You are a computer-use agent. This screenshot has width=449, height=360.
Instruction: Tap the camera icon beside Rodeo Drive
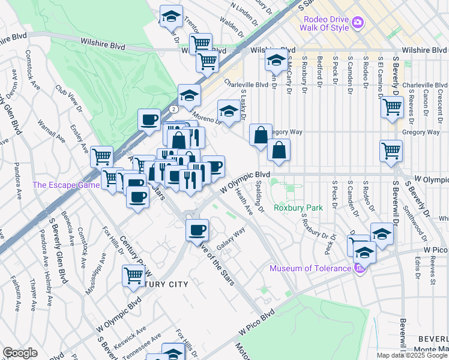(358, 23)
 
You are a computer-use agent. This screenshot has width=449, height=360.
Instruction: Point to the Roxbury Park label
(298, 208)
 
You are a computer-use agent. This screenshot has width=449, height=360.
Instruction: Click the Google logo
(20, 353)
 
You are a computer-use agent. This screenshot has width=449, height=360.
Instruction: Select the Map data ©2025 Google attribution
(412, 355)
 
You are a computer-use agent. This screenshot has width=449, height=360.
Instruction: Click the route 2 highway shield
(173, 109)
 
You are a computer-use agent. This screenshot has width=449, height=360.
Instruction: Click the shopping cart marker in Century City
(134, 276)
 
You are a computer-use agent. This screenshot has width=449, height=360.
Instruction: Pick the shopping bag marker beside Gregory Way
(260, 135)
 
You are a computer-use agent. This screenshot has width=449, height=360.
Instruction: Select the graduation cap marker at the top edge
(172, 16)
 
